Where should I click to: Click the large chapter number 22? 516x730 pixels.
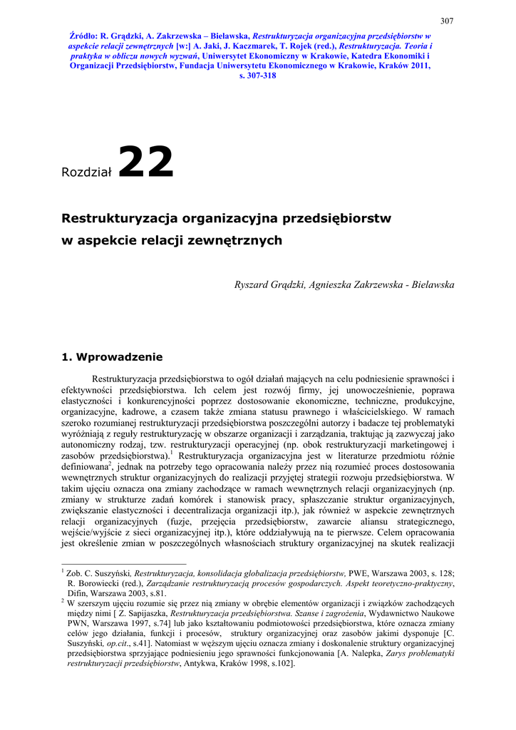coord(145,163)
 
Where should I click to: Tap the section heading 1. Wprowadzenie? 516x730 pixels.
coord(113,356)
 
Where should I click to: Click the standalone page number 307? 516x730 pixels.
coord(447,21)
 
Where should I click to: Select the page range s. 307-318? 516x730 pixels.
coord(257,75)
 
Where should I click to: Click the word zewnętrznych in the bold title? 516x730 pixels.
coord(246,240)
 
